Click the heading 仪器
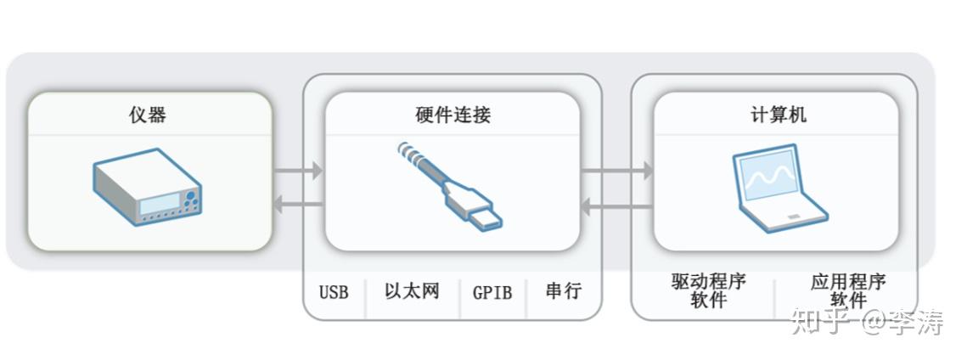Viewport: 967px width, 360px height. pyautogui.click(x=148, y=115)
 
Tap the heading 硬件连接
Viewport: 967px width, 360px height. pyautogui.click(x=453, y=115)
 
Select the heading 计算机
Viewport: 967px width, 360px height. pyautogui.click(x=773, y=115)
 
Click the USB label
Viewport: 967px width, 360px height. pyautogui.click(x=334, y=292)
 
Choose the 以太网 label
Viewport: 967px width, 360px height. pyautogui.click(x=412, y=291)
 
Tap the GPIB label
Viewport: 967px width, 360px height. pyautogui.click(x=492, y=292)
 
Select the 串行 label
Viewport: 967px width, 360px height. pyautogui.click(x=563, y=291)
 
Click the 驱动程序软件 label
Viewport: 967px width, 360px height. pyautogui.click(x=707, y=290)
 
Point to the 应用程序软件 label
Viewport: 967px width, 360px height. pyautogui.click(x=847, y=290)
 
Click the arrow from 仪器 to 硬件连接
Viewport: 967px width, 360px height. pyautogui.click(x=298, y=172)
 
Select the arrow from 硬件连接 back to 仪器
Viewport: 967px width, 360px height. pyautogui.click(x=298, y=204)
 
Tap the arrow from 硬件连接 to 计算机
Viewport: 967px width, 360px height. pyautogui.click(x=617, y=172)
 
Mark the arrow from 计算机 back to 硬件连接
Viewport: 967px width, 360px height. pyautogui.click(x=617, y=204)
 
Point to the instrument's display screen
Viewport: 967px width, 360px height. pyautogui.click(x=160, y=204)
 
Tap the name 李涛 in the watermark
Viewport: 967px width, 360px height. pyautogui.click(x=917, y=322)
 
